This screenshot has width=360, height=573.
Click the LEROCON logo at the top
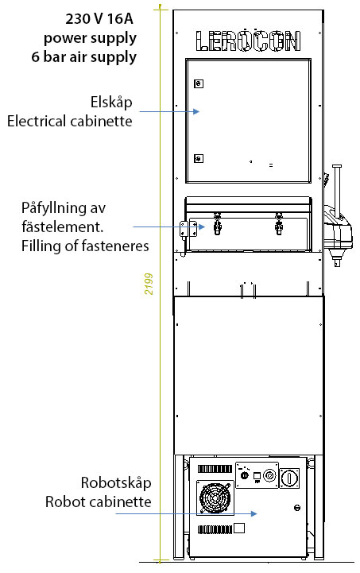[248, 41]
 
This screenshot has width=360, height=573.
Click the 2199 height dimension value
[149, 284]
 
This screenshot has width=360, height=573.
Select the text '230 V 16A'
[99, 18]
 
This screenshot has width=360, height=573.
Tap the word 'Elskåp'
[111, 102]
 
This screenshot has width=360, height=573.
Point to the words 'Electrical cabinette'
[69, 121]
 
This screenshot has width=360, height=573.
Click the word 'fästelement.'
[63, 227]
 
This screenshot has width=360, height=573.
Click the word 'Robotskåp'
[116, 482]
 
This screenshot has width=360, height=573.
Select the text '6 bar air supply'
[84, 57]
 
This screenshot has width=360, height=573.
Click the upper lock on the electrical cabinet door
[199, 83]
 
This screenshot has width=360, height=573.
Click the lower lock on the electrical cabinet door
[199, 159]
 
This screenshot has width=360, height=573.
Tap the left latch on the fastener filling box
[217, 223]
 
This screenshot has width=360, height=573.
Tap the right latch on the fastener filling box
[279, 223]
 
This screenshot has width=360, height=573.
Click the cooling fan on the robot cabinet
[215, 498]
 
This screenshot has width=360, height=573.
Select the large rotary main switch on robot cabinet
[289, 478]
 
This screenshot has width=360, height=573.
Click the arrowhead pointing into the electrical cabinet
[196, 111]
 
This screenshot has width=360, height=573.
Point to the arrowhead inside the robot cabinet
[254, 513]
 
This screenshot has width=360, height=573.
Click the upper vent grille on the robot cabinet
[215, 469]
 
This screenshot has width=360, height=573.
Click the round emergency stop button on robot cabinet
[269, 475]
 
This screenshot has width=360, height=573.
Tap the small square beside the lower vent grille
[239, 528]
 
